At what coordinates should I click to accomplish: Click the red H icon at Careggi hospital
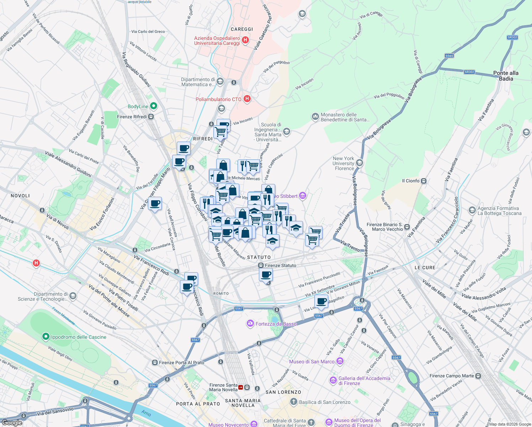pos(245,40)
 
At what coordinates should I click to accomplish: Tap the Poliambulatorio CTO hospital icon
pos(247,99)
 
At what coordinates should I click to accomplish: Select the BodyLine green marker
pos(154,106)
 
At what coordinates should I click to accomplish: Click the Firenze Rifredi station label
pos(132,117)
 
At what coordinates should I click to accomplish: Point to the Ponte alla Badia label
pos(506,76)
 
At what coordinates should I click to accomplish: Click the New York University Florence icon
pos(360,163)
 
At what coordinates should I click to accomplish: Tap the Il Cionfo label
pos(411,181)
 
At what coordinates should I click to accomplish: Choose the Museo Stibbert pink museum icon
pos(303,195)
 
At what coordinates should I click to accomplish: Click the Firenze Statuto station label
pos(280,265)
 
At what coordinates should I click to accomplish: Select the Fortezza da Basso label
pos(276,324)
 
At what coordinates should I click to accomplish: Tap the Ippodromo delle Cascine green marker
pos(46,336)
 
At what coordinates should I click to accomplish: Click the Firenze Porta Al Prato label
pos(181,363)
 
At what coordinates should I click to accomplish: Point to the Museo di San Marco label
pos(312,362)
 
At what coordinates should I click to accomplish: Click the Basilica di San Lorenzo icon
pos(293,402)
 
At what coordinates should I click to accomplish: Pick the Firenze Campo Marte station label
pos(452,376)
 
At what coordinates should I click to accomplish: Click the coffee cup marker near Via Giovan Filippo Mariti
pos(155,204)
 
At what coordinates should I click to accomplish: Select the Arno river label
pos(146,413)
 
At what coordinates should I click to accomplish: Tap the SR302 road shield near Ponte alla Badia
pos(469,72)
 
